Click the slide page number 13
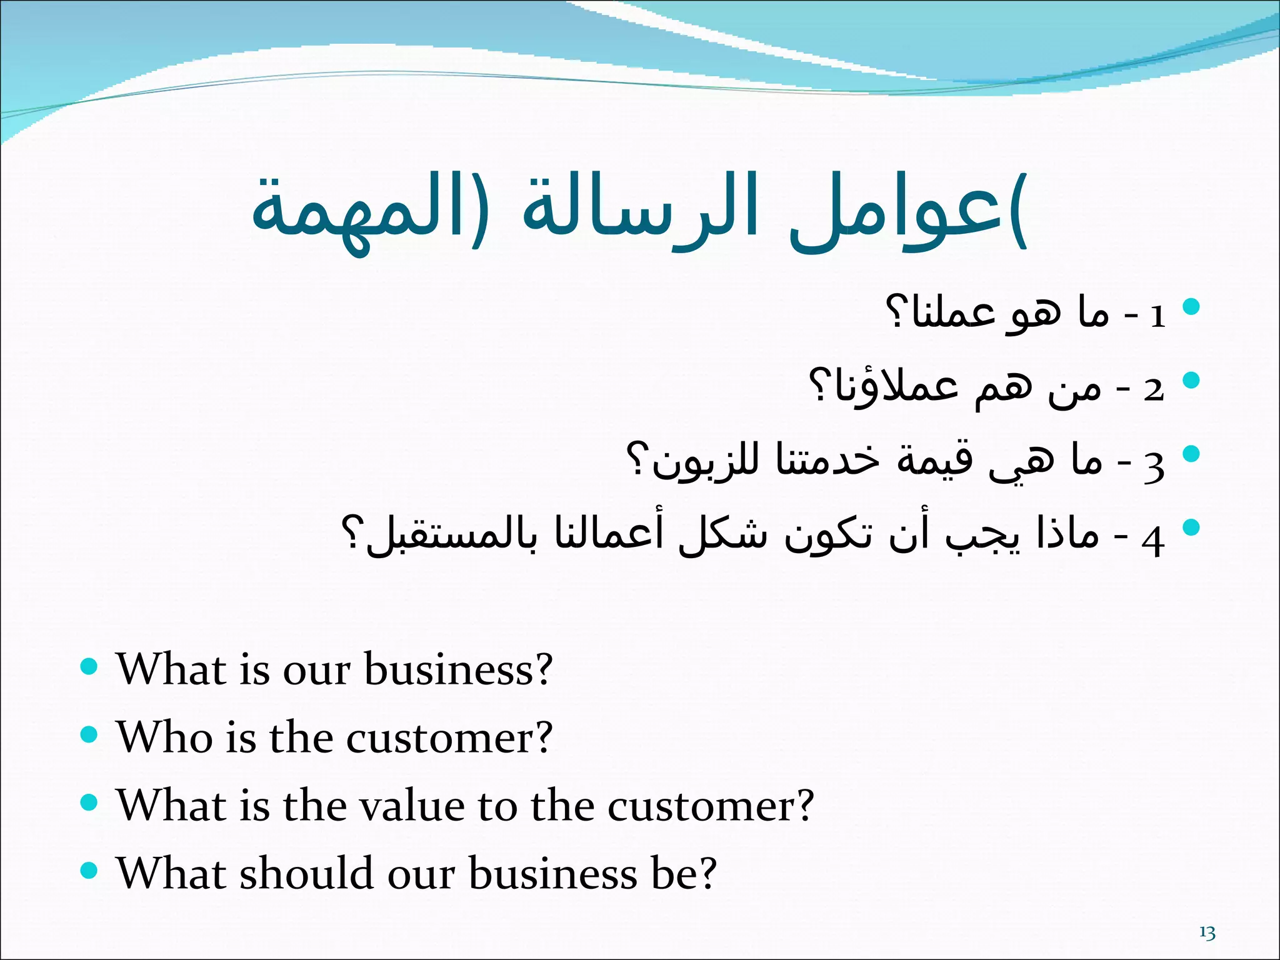(x=1207, y=933)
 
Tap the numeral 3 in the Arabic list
(x=1154, y=466)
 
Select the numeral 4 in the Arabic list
(x=1153, y=540)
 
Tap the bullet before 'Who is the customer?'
(x=90, y=734)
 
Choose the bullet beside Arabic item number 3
(x=1191, y=454)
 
